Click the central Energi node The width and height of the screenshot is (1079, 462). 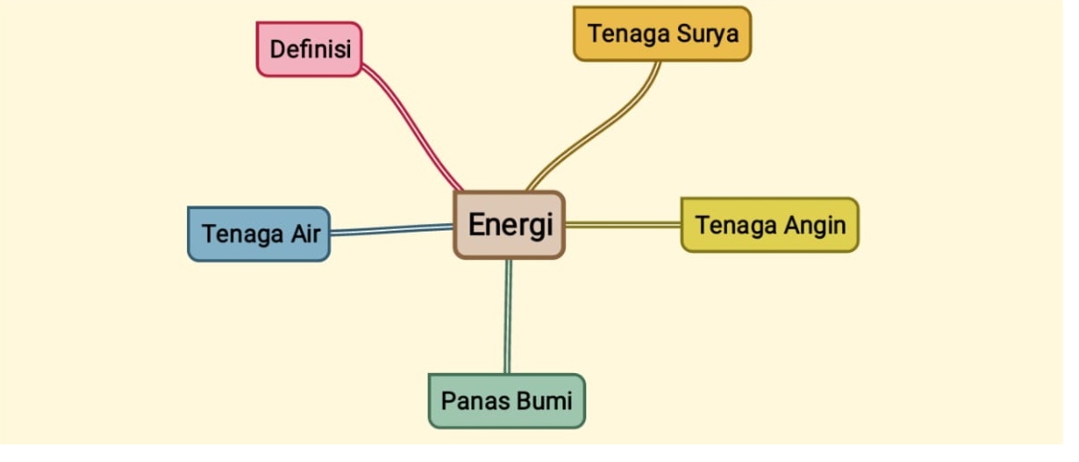click(x=508, y=225)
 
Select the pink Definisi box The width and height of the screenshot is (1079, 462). click(x=308, y=49)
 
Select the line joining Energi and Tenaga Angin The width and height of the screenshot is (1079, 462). click(x=622, y=224)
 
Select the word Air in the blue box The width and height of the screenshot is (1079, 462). click(x=305, y=233)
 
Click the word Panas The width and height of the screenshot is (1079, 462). click(x=471, y=401)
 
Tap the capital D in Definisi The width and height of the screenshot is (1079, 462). click(x=277, y=49)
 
